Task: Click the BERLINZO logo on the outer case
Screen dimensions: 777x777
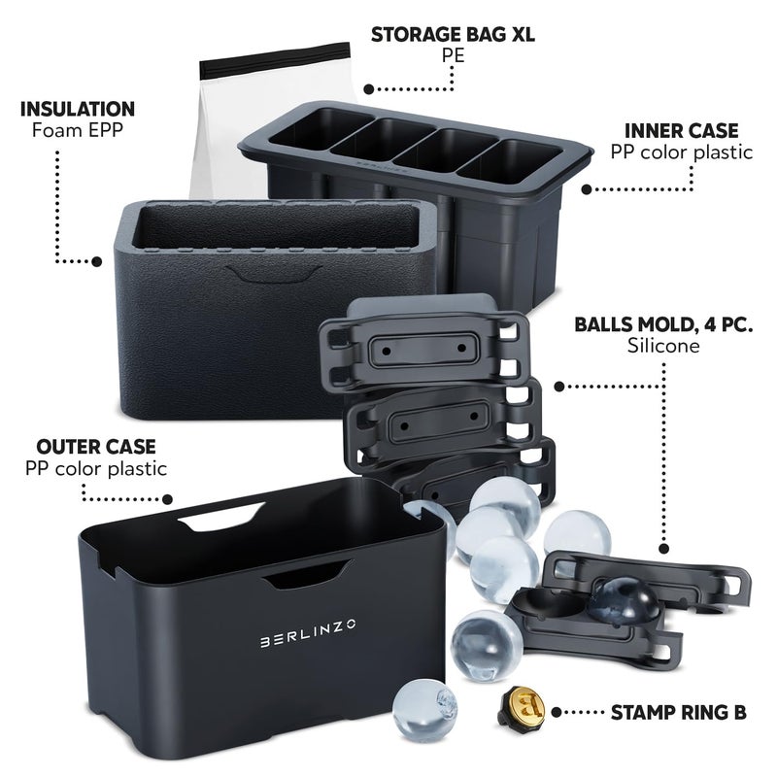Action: (x=308, y=633)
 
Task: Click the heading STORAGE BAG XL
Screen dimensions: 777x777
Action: (x=453, y=35)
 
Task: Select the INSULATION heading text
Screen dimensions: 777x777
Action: (x=78, y=109)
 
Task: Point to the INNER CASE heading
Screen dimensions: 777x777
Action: (x=682, y=131)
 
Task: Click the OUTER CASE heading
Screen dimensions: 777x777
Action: (x=96, y=447)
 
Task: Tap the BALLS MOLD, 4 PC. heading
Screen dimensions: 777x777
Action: (x=663, y=324)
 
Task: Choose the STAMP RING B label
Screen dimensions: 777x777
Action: (x=678, y=713)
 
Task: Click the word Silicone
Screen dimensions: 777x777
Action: (x=663, y=346)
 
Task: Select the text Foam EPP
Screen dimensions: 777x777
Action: (x=78, y=130)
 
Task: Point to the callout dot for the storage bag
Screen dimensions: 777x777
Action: (x=369, y=89)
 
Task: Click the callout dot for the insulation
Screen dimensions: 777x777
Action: (x=97, y=261)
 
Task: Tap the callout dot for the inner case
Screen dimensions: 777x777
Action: (x=587, y=189)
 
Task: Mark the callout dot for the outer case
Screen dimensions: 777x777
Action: (x=168, y=499)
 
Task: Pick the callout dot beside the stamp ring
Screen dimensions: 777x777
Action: (x=557, y=713)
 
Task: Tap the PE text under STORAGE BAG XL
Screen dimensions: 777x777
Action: (x=453, y=55)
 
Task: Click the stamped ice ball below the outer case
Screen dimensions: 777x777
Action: (x=424, y=711)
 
